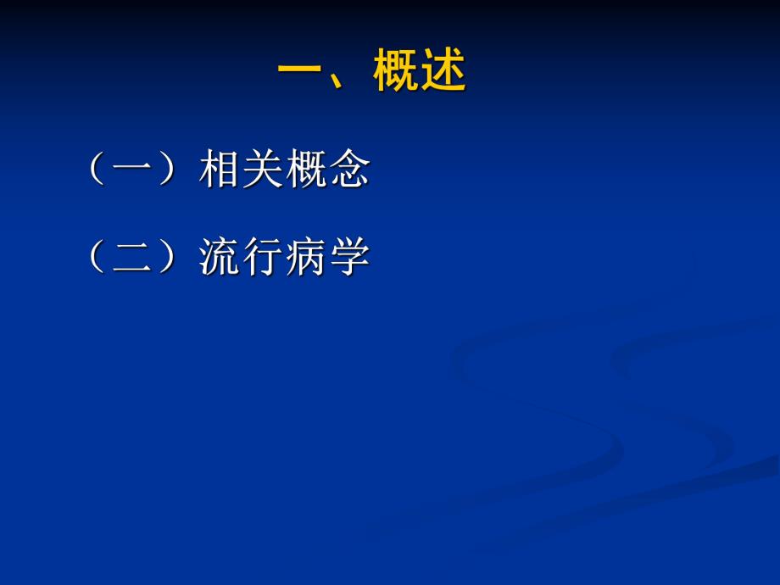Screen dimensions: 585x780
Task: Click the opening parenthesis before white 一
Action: coord(97,170)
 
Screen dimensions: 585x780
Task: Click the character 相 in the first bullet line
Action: coord(220,170)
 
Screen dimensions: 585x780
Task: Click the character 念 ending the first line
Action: coord(348,170)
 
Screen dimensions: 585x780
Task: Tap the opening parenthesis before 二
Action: coord(97,257)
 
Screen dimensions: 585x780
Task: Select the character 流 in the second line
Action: coord(220,257)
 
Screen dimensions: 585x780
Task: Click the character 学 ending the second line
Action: coord(348,257)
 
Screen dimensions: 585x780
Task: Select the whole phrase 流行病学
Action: coord(284,257)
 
